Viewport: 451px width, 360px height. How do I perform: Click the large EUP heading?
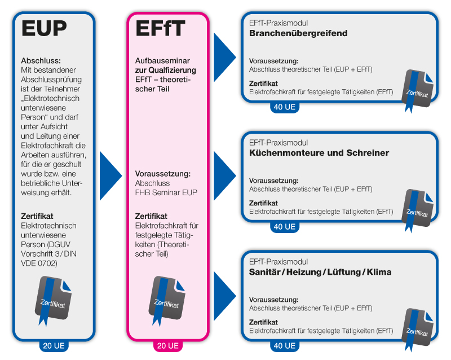click(44, 28)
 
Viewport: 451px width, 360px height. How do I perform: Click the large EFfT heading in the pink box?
click(160, 28)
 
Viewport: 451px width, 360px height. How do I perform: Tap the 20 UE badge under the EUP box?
click(54, 345)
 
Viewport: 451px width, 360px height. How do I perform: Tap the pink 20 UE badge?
click(168, 345)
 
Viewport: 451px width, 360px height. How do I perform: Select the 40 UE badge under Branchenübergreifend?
click(285, 107)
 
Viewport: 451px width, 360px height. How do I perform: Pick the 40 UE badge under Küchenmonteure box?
click(285, 227)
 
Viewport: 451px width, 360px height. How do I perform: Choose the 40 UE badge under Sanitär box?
click(285, 345)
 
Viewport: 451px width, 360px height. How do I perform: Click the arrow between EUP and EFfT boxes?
click(109, 176)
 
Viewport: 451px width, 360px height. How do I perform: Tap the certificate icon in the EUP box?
click(53, 300)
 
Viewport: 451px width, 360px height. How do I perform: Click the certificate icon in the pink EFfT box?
click(167, 300)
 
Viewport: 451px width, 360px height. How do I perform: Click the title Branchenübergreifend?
click(298, 33)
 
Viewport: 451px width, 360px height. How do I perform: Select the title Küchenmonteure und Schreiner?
click(319, 153)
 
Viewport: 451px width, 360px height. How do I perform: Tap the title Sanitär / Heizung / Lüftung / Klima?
click(320, 272)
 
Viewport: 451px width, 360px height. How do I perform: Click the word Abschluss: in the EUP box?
click(41, 61)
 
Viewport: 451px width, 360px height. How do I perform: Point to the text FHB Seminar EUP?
click(166, 192)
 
